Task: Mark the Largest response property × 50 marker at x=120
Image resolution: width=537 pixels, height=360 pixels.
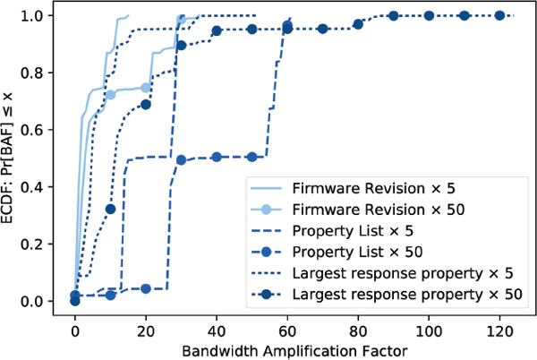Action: [499, 15]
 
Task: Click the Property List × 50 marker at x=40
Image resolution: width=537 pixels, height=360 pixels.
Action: [217, 157]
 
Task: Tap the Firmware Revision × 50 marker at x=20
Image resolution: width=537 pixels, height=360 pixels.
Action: [146, 88]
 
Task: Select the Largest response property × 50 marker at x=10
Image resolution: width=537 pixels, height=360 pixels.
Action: [110, 209]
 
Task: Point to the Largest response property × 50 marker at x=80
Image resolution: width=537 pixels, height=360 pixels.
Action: [358, 23]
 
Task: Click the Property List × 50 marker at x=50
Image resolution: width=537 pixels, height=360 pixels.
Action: [251, 157]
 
